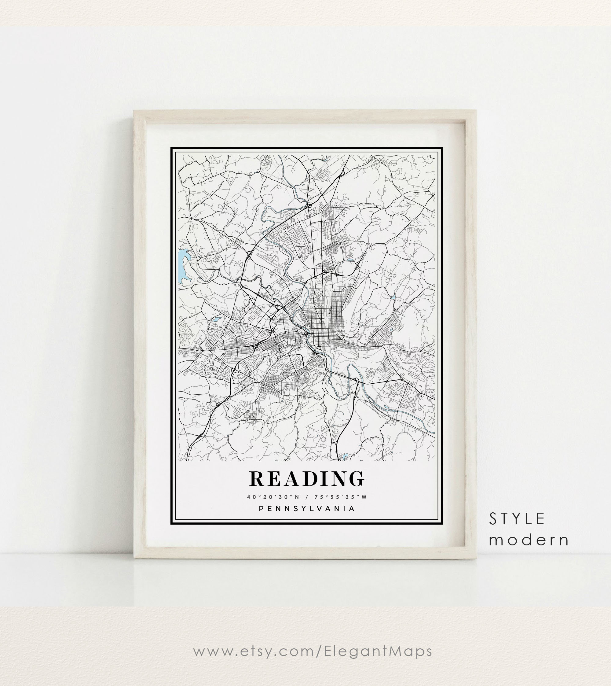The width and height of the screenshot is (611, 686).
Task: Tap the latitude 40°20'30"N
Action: click(x=273, y=497)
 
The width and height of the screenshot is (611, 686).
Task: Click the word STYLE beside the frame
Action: click(x=517, y=519)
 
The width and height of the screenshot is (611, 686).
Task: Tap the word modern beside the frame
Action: click(x=529, y=540)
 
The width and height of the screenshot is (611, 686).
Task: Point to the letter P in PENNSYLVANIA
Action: click(x=261, y=509)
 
